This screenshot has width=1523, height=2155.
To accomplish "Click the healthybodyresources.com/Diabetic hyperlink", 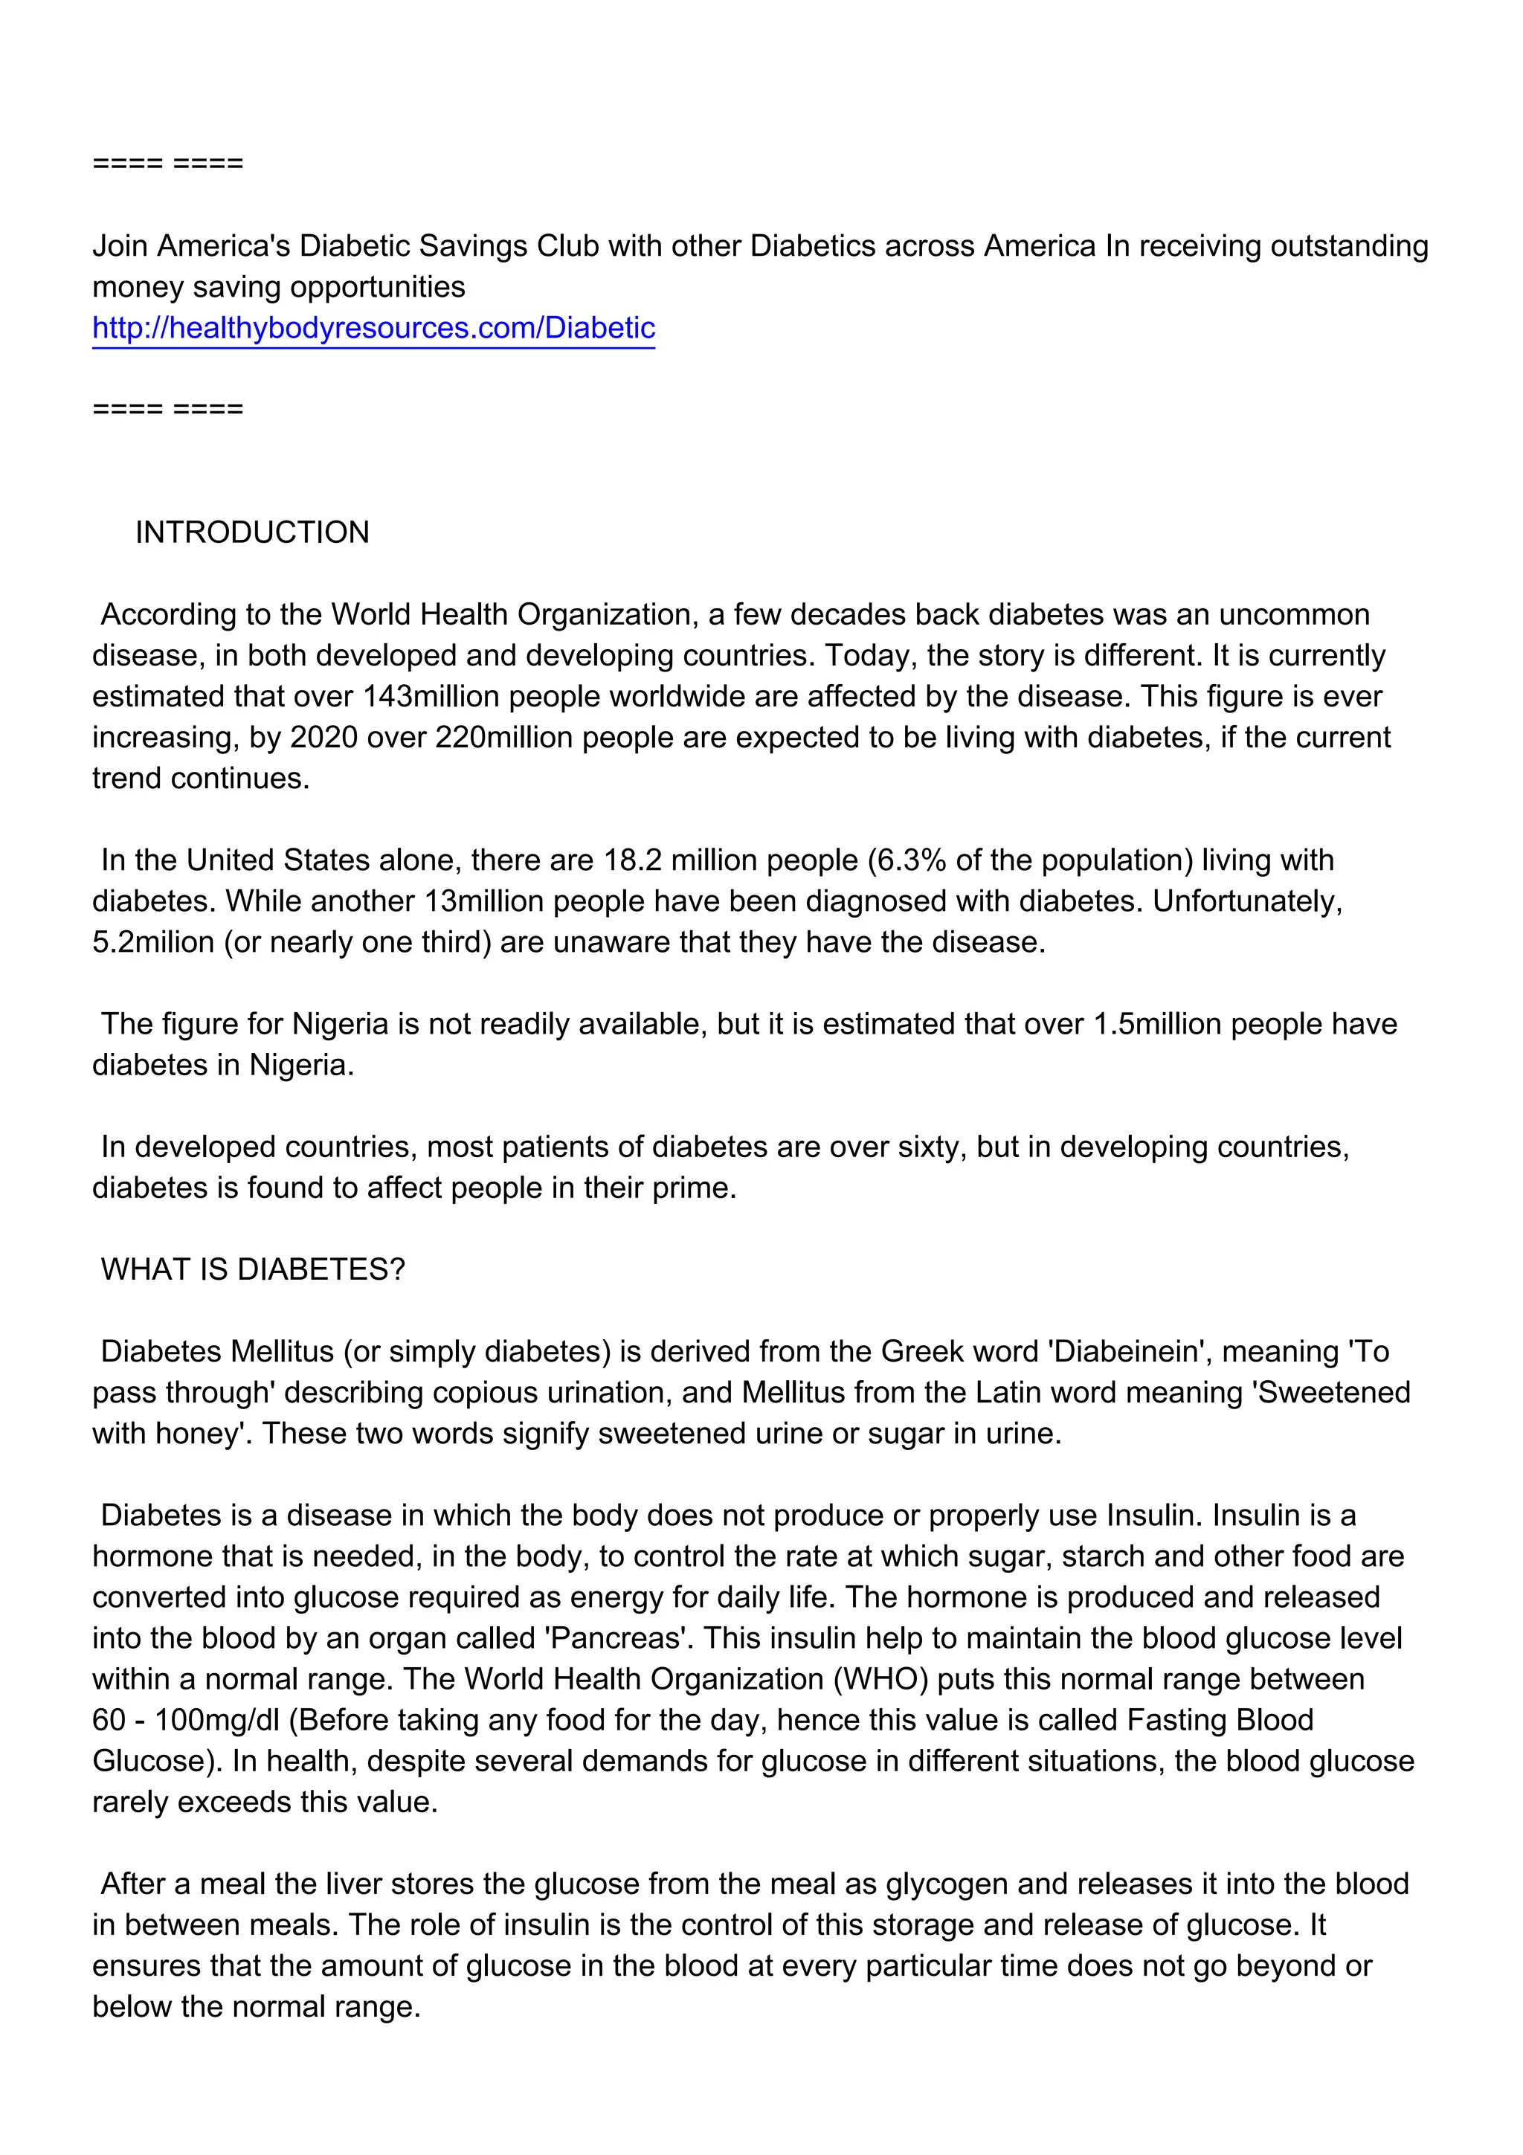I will click(x=373, y=328).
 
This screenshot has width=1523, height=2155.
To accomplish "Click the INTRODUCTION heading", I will click(x=251, y=532).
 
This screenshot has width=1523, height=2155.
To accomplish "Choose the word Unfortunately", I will click(x=1247, y=901).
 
